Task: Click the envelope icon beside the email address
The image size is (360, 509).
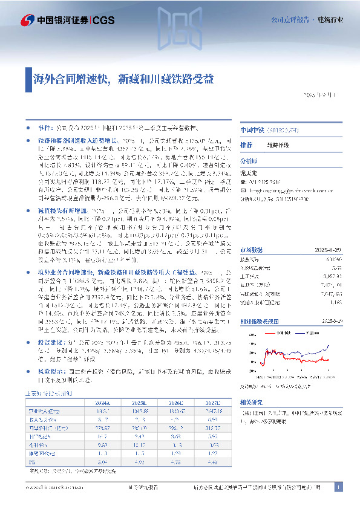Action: [x=243, y=189]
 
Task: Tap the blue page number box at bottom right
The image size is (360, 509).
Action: [x=339, y=487]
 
